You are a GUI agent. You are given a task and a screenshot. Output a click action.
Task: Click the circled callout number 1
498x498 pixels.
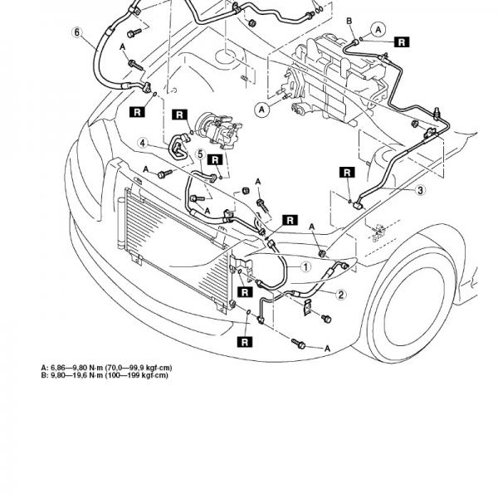pos(305,267)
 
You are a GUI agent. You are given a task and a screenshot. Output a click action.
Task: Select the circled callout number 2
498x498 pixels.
pos(341,295)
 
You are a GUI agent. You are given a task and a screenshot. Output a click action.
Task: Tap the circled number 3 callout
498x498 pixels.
pos(420,190)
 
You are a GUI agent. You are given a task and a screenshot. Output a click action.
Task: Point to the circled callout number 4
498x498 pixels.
pos(143,144)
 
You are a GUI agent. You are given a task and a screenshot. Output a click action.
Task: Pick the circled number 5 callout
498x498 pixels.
pos(200,154)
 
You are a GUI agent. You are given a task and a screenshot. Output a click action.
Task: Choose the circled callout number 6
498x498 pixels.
pos(77,32)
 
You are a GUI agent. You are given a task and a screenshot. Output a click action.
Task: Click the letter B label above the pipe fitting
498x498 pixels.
pos(349,21)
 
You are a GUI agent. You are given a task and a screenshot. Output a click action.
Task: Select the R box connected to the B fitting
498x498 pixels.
pos(402,42)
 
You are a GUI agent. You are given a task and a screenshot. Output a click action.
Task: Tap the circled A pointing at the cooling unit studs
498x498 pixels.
pos(261,110)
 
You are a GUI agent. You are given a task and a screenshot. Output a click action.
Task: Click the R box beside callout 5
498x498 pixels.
pos(215,159)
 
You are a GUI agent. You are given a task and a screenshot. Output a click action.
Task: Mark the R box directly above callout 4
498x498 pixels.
pos(180,115)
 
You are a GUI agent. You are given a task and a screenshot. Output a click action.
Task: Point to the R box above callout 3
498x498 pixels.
pos(347,173)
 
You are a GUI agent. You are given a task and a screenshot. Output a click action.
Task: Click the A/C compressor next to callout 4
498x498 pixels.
pos(219,131)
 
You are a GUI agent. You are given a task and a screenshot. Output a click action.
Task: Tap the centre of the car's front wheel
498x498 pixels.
pos(414,306)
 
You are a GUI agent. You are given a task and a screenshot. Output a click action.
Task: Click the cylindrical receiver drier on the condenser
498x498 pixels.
pos(121,223)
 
